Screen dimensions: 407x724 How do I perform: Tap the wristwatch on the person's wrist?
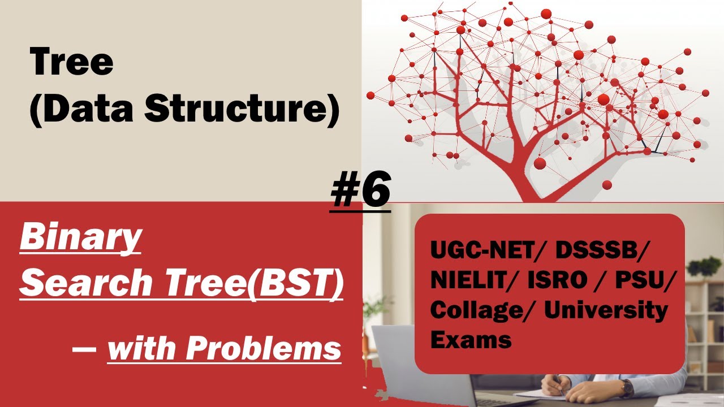pyautogui.click(x=626, y=388)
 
